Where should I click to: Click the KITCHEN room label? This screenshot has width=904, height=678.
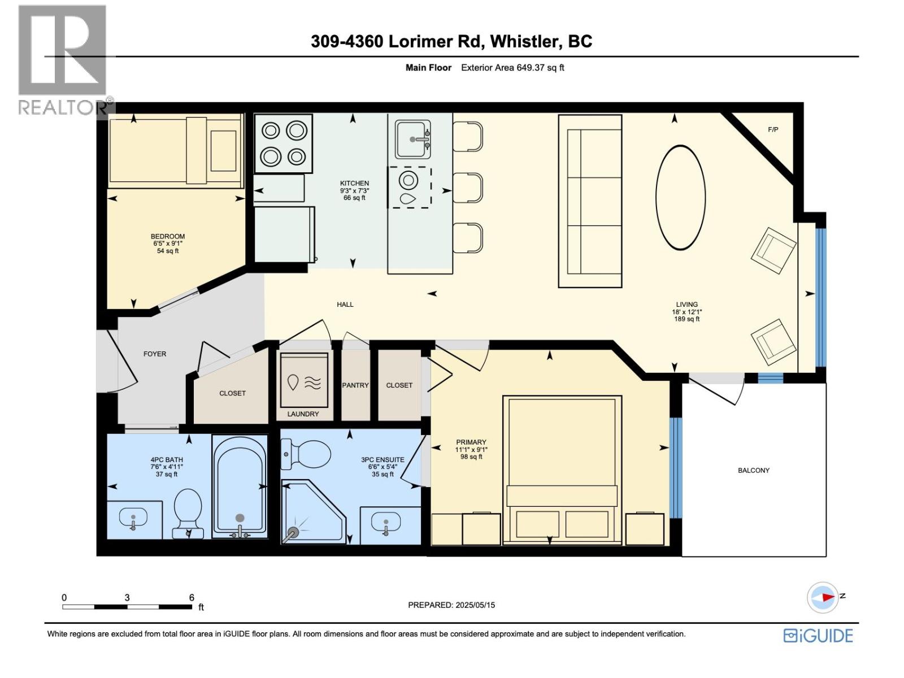pyautogui.click(x=354, y=183)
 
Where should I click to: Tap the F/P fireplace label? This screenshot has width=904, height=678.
pyautogui.click(x=773, y=129)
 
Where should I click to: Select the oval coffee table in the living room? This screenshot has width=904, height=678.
pyautogui.click(x=680, y=197)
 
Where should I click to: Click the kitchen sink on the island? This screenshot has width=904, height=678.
pyautogui.click(x=412, y=139)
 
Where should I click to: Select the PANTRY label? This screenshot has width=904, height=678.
pyautogui.click(x=355, y=385)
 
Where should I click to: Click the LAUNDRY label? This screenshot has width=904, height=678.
pyautogui.click(x=303, y=414)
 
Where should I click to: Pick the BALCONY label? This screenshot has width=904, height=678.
pyautogui.click(x=753, y=470)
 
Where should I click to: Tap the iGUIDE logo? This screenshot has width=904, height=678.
pyautogui.click(x=818, y=636)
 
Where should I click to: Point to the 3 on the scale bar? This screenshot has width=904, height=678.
pyautogui.click(x=127, y=597)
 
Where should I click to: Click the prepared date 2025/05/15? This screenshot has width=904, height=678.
pyautogui.click(x=474, y=605)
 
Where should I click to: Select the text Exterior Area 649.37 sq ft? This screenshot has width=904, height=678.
pyautogui.click(x=512, y=68)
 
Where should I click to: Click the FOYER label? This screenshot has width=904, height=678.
pyautogui.click(x=155, y=354)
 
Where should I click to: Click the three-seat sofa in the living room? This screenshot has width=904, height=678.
pyautogui.click(x=590, y=201)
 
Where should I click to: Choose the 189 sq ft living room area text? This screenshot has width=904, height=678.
pyautogui.click(x=686, y=319)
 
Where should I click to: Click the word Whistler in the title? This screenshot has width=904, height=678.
pyautogui.click(x=524, y=41)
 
